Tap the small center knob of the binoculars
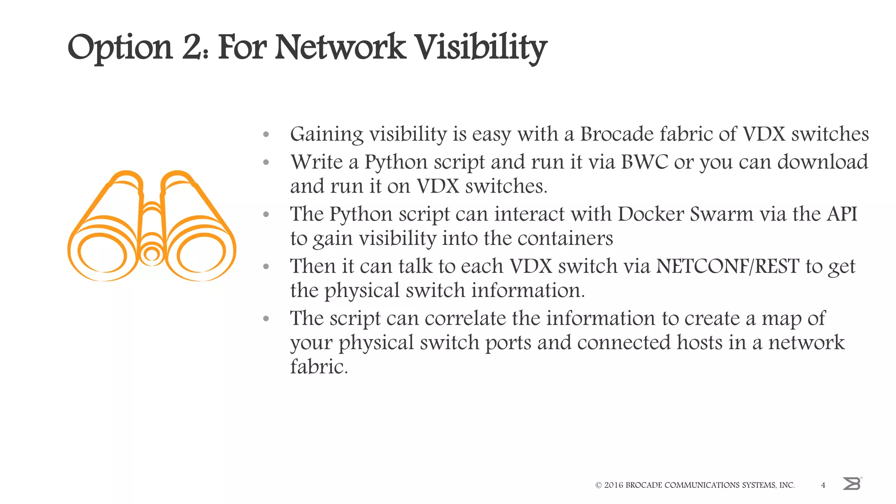pyautogui.click(x=152, y=254)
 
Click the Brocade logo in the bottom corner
pyautogui.click(x=852, y=484)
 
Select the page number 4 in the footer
pyautogui.click(x=823, y=485)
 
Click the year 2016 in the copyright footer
pyautogui.click(x=613, y=485)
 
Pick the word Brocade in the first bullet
pyautogui.click(x=617, y=134)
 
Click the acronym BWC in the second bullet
pyautogui.click(x=644, y=162)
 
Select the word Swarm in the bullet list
pyautogui.click(x=721, y=214)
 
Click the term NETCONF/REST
pyautogui.click(x=728, y=266)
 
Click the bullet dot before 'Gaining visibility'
pyautogui.click(x=266, y=135)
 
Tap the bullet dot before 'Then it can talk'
pyautogui.click(x=266, y=267)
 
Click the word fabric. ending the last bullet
pyautogui.click(x=319, y=367)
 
